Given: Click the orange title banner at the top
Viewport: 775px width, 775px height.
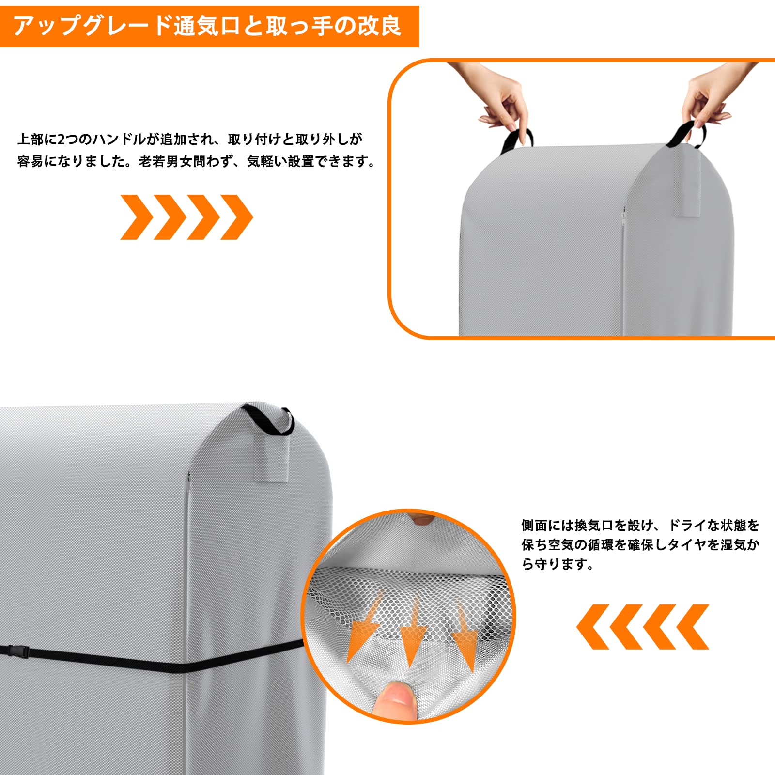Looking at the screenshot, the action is click(209, 26).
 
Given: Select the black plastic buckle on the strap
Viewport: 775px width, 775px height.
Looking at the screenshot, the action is click(18, 651).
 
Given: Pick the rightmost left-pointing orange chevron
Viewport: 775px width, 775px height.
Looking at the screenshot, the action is click(693, 627).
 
